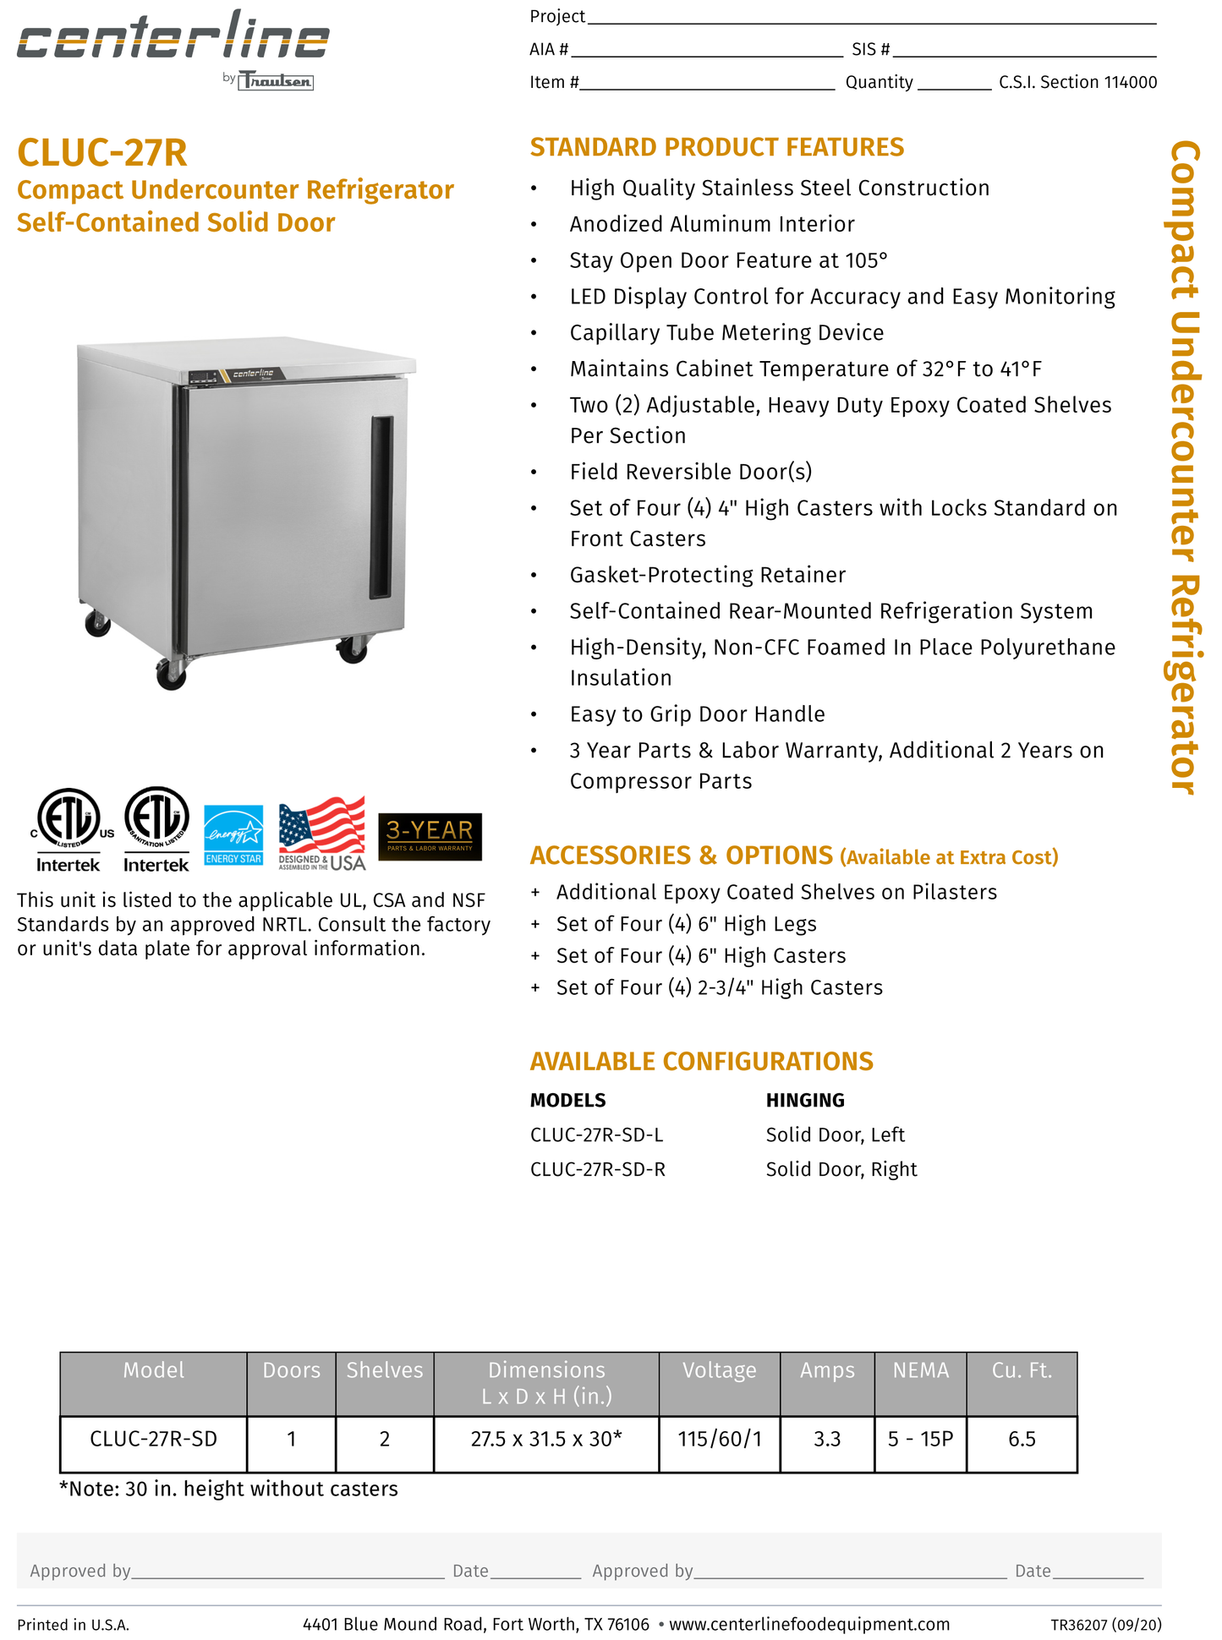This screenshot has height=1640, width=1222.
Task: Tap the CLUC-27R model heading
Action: point(102,153)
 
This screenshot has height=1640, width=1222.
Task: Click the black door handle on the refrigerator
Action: point(381,507)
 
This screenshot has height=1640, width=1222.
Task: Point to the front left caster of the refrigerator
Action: point(172,674)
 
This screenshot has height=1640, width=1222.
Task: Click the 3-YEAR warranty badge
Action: point(430,836)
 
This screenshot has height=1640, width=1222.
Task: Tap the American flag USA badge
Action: point(322,834)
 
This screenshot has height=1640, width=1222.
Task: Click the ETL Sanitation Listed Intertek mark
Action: point(156,829)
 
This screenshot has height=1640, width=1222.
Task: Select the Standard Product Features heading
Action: point(716,147)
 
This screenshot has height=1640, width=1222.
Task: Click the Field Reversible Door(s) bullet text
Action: point(690,472)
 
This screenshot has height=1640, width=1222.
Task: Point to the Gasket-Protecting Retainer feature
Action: point(707,575)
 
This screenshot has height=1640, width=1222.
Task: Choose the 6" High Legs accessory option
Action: point(686,924)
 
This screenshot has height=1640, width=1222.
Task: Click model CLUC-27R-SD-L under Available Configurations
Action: point(596,1134)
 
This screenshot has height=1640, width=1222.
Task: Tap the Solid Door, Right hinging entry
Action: point(841,1169)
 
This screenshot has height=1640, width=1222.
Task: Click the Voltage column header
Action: point(719,1370)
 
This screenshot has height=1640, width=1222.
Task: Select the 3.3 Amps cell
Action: point(826,1439)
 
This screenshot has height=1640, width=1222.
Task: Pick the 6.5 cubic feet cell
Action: point(1021,1439)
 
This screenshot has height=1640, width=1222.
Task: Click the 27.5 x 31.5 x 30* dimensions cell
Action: point(545,1439)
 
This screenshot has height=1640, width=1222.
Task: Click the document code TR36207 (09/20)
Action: point(1105,1624)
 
